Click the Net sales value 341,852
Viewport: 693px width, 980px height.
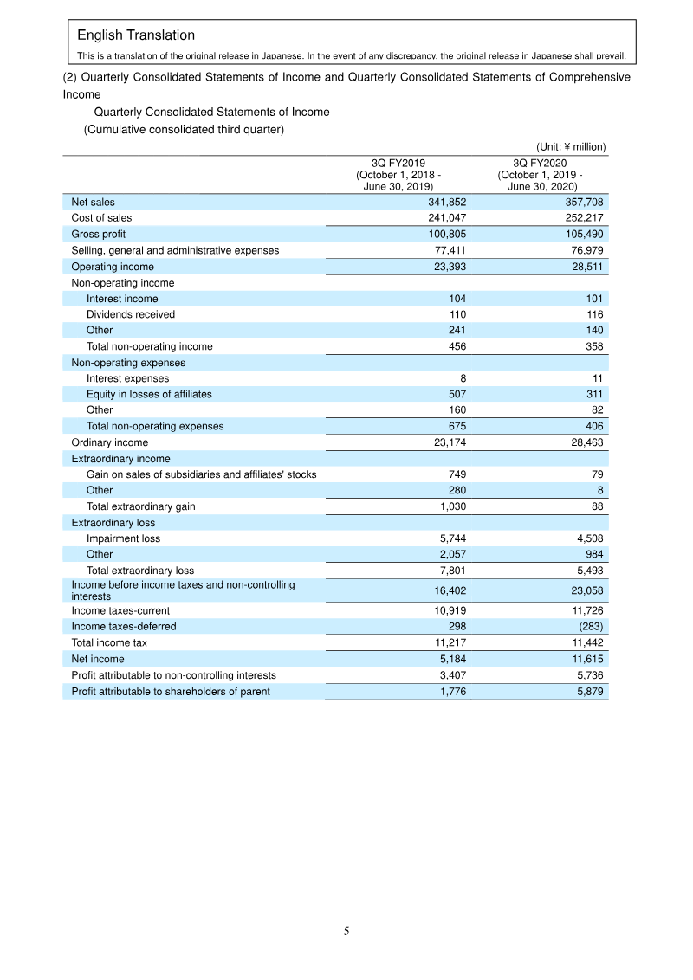[448, 202]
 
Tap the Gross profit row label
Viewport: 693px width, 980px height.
[99, 234]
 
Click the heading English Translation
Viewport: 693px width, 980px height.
[136, 35]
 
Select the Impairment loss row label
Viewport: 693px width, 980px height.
[123, 538]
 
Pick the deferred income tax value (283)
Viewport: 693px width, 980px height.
[588, 627]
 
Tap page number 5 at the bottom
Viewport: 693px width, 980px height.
[346, 932]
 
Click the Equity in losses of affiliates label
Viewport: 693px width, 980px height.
[149, 394]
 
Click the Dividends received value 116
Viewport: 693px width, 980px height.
[595, 314]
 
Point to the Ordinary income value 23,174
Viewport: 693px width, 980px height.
[448, 442]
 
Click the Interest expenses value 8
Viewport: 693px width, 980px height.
[463, 378]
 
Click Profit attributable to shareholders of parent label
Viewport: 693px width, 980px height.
[171, 691]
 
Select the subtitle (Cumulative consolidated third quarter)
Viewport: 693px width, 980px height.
[184, 130]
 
